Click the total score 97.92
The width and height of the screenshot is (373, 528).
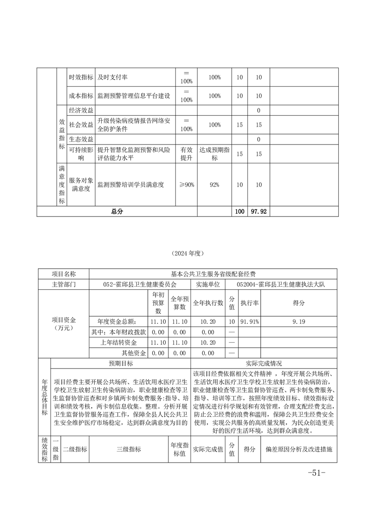coord(259,212)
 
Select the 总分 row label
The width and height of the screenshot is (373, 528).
coord(117,212)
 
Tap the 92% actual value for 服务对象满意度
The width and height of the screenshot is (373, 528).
coord(214,185)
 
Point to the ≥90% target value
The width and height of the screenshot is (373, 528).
coord(186,185)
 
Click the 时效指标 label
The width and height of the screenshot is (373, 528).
coord(81,77)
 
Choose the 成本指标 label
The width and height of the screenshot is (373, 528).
coord(81,96)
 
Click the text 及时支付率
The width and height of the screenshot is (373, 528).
coord(113,77)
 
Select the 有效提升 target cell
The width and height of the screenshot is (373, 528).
coord(186,153)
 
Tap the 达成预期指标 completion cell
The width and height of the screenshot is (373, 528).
coord(214,153)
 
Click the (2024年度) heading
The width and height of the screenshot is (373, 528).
coord(187,253)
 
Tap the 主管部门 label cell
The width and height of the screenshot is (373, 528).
coord(63,285)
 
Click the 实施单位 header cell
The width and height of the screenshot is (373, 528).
coord(207,285)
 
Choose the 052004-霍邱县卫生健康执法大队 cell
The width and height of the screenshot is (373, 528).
coord(281,285)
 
